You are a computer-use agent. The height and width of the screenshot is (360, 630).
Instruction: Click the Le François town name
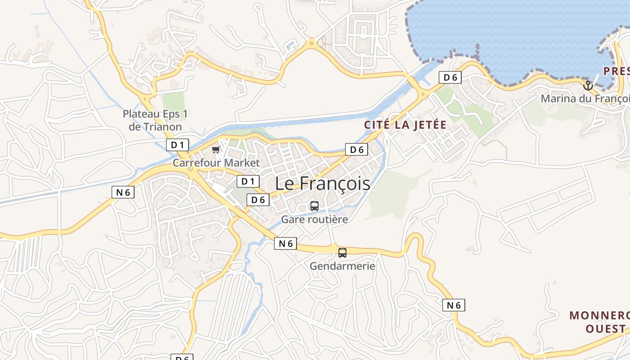click(323, 184)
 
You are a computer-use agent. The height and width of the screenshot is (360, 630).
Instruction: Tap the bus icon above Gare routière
click(315, 206)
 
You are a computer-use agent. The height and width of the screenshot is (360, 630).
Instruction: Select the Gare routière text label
click(315, 220)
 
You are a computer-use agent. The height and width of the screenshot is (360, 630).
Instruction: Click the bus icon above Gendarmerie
click(342, 252)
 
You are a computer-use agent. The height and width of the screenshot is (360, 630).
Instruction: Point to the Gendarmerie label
click(342, 266)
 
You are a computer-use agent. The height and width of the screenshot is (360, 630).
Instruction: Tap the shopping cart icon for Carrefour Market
click(216, 149)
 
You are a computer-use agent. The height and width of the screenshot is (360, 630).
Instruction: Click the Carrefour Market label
click(216, 162)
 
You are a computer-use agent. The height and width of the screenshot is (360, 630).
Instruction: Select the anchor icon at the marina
click(588, 85)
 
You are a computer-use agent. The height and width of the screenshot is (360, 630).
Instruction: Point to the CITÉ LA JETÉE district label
click(405, 125)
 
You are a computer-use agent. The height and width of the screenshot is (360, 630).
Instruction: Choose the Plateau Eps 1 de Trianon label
click(155, 120)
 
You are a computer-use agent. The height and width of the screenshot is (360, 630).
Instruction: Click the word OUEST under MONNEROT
click(605, 328)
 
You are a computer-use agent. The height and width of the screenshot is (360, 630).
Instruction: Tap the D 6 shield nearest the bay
click(450, 77)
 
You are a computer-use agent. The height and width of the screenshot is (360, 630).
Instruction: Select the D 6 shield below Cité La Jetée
click(356, 149)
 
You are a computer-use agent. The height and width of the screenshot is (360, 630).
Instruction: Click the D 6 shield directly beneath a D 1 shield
click(258, 200)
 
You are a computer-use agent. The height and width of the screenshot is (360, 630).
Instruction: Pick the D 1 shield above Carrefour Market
click(177, 145)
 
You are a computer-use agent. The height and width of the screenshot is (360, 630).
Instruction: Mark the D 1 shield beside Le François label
click(248, 181)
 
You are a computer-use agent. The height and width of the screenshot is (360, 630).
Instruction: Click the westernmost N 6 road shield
click(123, 192)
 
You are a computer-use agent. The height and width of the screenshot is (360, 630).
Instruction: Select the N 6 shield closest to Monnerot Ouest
click(454, 305)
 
